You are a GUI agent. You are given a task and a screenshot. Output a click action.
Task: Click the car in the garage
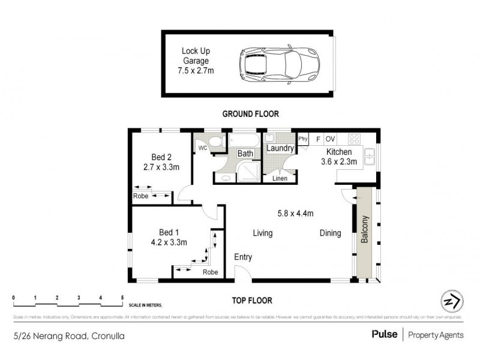[x=278, y=62]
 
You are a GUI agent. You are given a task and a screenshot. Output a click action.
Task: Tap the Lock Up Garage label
[x=196, y=61]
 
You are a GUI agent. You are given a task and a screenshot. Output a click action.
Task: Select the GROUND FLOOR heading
[x=250, y=113]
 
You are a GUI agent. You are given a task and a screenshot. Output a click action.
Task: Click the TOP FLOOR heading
[x=252, y=301]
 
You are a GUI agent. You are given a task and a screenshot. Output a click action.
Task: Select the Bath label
[x=245, y=154]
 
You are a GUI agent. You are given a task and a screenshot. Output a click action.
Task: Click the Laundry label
[x=280, y=148]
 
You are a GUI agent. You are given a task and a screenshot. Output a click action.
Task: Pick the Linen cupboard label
[x=280, y=178]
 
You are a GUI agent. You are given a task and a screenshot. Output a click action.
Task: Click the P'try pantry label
[x=304, y=139]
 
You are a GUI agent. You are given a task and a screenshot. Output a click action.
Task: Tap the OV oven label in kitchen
[x=331, y=139]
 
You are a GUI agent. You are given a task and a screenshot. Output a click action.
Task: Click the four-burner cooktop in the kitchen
[x=355, y=139]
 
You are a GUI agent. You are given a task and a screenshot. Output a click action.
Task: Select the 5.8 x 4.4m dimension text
[x=295, y=213]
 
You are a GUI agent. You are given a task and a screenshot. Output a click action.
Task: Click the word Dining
[x=330, y=233]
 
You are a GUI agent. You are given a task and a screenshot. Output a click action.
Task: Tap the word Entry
[x=243, y=257]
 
